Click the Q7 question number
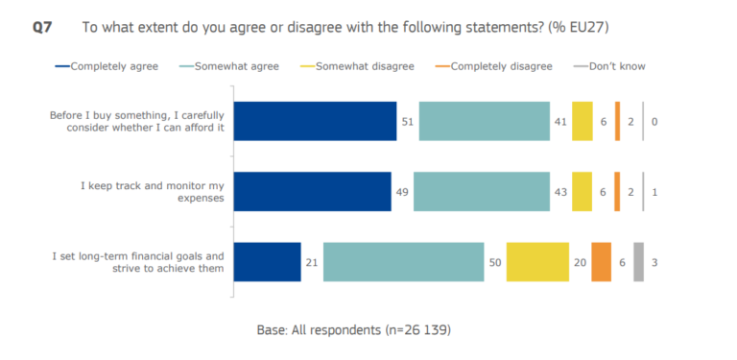point(42,28)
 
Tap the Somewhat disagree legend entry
point(372,66)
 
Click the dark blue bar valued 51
point(315,121)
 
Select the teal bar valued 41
point(484,121)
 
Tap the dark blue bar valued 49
point(312,191)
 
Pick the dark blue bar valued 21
point(268,261)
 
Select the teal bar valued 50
point(403,261)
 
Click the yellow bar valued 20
point(537,261)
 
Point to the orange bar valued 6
point(602,261)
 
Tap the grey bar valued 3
point(638,261)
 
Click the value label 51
point(407,122)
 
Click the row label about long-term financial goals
point(138,262)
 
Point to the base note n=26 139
point(354,329)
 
